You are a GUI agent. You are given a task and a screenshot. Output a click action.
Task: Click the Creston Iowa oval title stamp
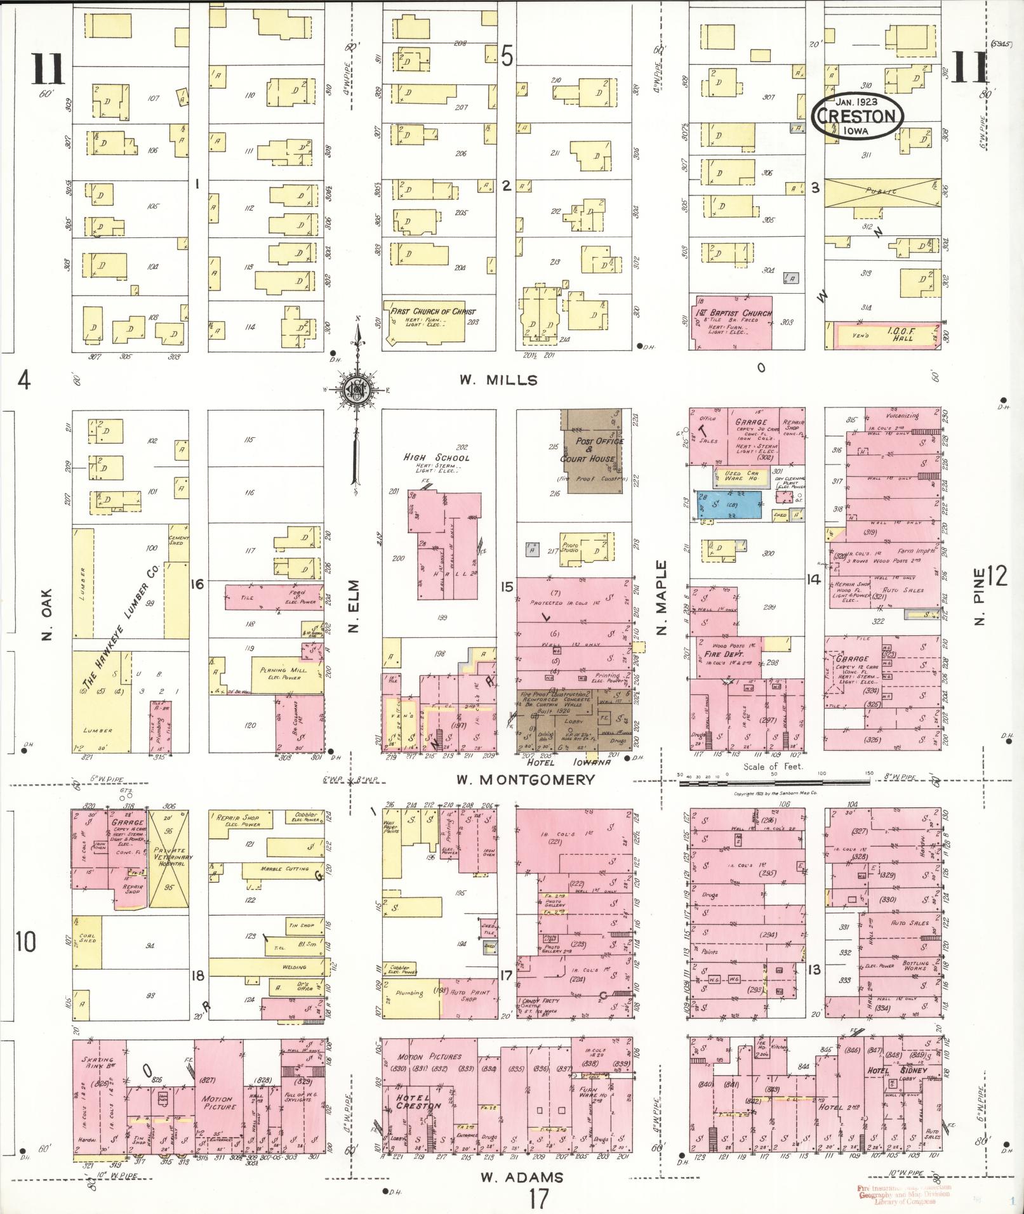(858, 115)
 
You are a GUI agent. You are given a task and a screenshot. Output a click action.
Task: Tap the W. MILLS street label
(499, 380)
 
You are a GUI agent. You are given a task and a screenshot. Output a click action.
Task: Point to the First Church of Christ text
(432, 312)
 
